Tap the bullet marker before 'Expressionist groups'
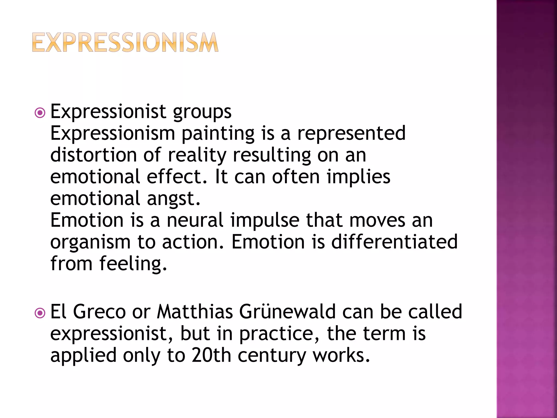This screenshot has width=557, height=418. coord(40,113)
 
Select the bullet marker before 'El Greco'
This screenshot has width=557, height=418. coord(40,313)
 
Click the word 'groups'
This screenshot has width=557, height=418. coord(202,112)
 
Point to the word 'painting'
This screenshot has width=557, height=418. coord(218,134)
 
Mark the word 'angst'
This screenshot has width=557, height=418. coord(174,199)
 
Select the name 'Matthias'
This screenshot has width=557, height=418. coord(195,312)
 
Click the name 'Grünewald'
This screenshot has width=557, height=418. coord(287,312)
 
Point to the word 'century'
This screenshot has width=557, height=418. coord(272,356)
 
